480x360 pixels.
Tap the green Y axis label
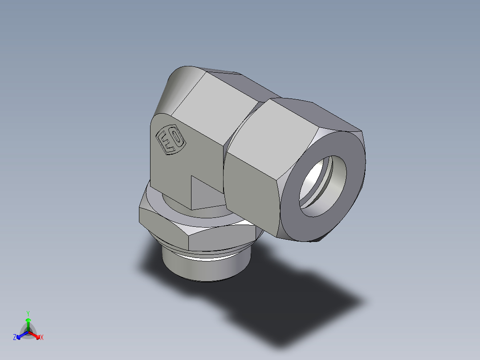click(28, 313)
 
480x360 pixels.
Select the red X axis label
click(42, 338)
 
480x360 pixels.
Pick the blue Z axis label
click(15, 338)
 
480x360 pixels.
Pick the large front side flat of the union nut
click(252, 187)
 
